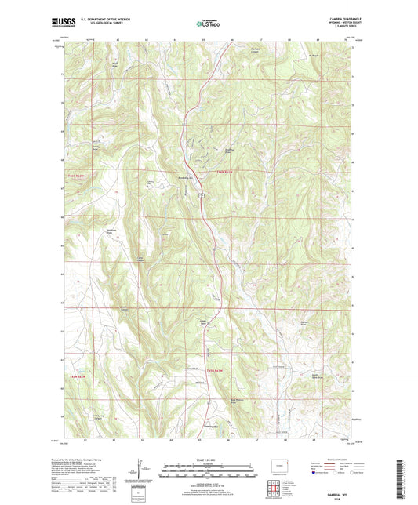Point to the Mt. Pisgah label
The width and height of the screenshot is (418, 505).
click(315, 56)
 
